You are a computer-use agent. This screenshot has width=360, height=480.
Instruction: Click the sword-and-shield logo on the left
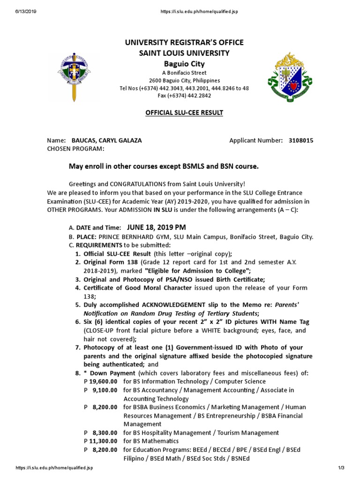pyautogui.click(x=74, y=77)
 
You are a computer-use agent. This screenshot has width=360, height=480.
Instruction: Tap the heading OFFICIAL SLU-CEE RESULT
pyautogui.click(x=184, y=113)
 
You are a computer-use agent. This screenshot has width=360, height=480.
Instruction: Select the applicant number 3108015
pyautogui.click(x=301, y=140)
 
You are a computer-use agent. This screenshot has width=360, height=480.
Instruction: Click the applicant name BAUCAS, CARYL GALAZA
pyautogui.click(x=106, y=140)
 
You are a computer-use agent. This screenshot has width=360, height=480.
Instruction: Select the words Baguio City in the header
pyautogui.click(x=184, y=63)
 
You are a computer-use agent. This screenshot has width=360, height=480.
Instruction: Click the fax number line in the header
pyautogui.click(x=184, y=96)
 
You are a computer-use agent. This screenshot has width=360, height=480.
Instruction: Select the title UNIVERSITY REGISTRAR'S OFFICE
pyautogui.click(x=184, y=43)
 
